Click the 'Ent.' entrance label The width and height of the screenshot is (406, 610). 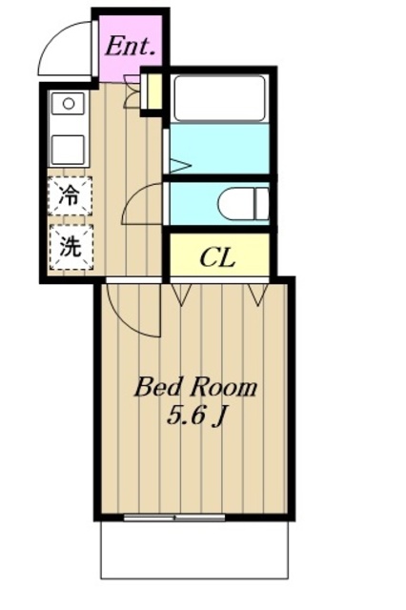click(131, 45)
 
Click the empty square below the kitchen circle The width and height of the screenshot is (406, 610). click(70, 150)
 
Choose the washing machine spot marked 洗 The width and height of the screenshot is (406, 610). click(71, 246)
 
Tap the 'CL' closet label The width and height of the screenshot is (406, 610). click(218, 255)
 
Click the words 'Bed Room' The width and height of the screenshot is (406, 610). click(194, 388)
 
